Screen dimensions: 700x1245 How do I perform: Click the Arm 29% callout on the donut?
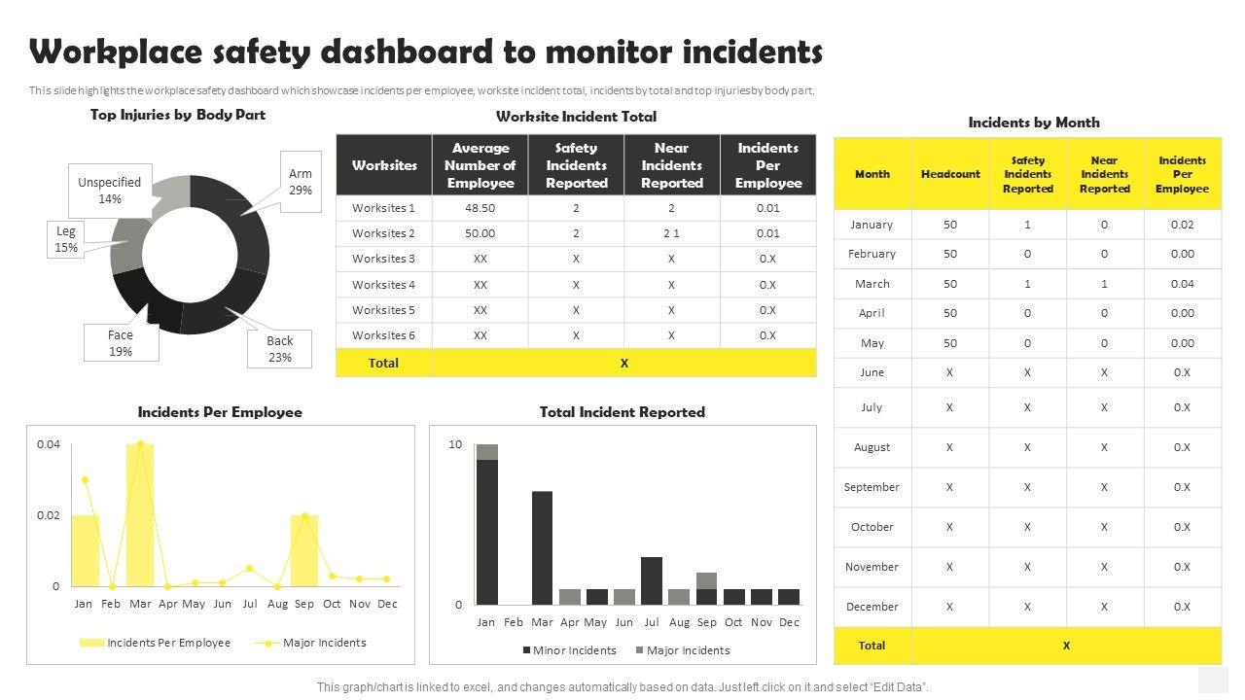pos(300,182)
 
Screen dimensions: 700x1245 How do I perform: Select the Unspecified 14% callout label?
pos(110,190)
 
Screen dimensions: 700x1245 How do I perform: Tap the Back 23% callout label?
pos(280,348)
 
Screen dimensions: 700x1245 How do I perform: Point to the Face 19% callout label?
pos(121,342)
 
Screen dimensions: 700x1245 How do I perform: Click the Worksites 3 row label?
pos(383,259)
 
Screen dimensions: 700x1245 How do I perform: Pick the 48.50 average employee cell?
pos(480,208)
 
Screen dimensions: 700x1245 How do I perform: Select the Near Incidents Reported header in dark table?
pos(671,165)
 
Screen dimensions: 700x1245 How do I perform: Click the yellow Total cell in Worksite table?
pos(383,363)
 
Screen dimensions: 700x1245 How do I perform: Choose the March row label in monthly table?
pos(871,284)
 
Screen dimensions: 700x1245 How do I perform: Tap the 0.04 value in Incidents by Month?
pos(1182,284)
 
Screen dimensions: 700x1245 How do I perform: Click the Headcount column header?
pos(950,174)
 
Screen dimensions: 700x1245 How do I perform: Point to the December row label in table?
pos(871,607)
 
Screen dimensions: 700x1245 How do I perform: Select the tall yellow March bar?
pos(140,515)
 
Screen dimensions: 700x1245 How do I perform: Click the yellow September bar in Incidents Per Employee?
pos(304,550)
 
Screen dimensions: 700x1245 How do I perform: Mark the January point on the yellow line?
pos(86,479)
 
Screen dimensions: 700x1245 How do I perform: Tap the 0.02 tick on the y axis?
pos(49,515)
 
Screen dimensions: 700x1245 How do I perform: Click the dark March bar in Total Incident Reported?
pos(542,547)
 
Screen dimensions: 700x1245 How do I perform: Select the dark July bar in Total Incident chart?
pos(652,580)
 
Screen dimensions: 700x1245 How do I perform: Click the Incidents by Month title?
pos(1034,122)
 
